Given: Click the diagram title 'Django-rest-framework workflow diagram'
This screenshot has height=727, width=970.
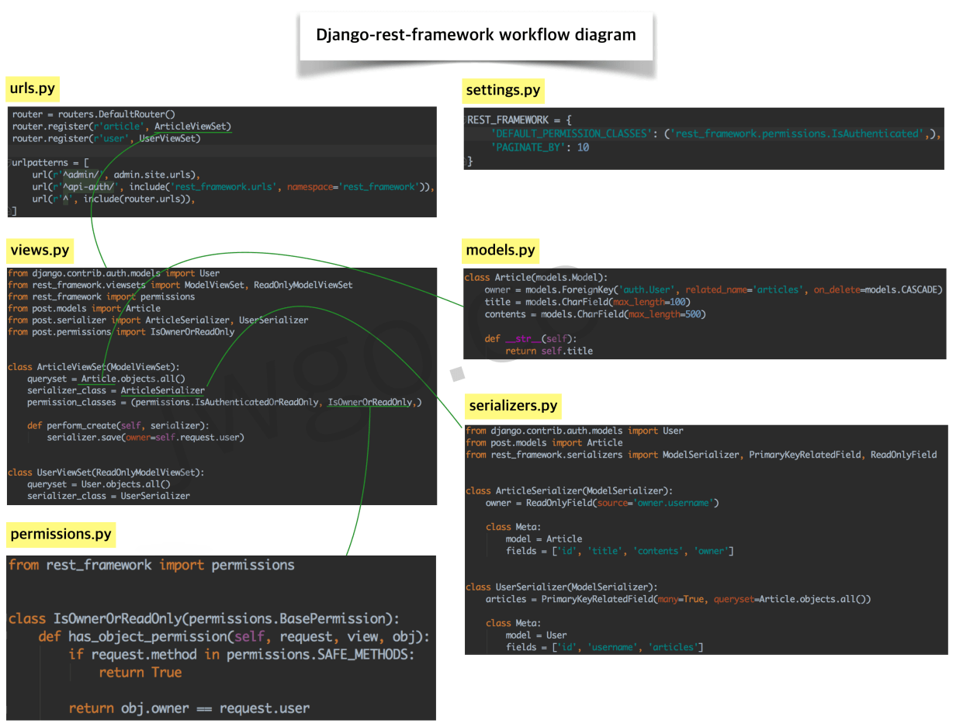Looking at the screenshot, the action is tap(476, 35).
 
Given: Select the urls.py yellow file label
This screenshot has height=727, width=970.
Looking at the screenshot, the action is tap(32, 88).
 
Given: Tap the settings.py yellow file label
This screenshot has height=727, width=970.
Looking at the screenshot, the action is tap(502, 91).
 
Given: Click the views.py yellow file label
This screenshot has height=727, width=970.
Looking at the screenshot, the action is tap(39, 250).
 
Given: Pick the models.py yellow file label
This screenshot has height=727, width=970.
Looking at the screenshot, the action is tap(500, 250).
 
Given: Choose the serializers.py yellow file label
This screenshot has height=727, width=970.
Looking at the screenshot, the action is tap(513, 406).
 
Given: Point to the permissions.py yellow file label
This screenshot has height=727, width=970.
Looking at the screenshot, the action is tap(61, 534).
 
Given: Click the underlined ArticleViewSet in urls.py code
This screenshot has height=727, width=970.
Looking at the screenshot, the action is tap(192, 126).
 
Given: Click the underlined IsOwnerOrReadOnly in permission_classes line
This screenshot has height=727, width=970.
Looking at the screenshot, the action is tap(370, 402).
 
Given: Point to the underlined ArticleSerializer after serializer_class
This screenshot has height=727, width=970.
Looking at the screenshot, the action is tap(162, 390).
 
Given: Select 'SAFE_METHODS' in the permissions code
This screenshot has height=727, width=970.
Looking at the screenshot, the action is tap(363, 654).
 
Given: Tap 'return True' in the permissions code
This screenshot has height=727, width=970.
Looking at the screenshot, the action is tap(140, 673).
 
